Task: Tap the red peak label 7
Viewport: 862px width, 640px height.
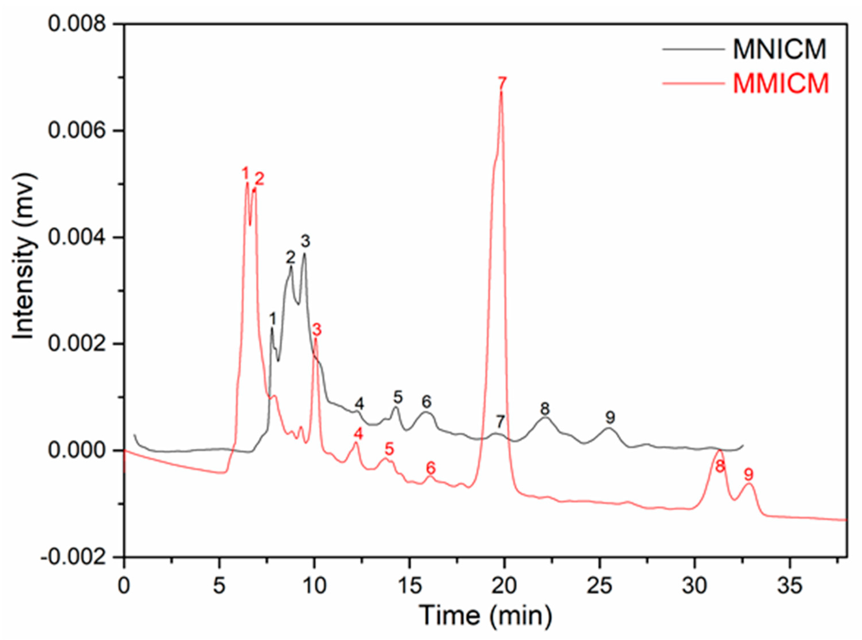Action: point(502,83)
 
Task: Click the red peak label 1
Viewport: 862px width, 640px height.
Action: point(245,173)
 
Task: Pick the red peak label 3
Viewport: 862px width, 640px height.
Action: point(317,331)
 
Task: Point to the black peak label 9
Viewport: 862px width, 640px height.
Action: point(610,418)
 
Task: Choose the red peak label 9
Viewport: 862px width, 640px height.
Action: point(749,474)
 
